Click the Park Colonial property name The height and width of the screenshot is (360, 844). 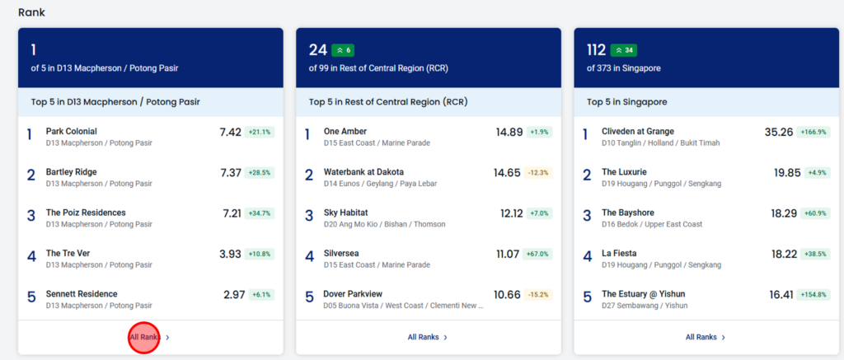point(72,131)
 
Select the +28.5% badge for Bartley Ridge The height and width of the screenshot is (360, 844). point(260,173)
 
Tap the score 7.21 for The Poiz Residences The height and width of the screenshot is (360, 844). point(232,213)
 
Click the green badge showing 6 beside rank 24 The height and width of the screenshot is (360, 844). point(343,50)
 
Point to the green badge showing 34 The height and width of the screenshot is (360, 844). point(624,50)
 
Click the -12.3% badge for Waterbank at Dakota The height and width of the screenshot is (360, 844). point(537,173)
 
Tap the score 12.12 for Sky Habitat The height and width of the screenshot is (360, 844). point(511,213)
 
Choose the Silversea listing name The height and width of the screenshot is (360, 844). point(341,254)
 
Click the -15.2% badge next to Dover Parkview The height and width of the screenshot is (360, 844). point(537,295)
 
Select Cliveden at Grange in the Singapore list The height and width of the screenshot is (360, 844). point(638,131)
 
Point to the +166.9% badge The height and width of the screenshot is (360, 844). point(814,133)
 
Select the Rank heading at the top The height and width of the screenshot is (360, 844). point(32,12)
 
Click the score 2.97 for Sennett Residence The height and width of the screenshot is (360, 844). point(234,295)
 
